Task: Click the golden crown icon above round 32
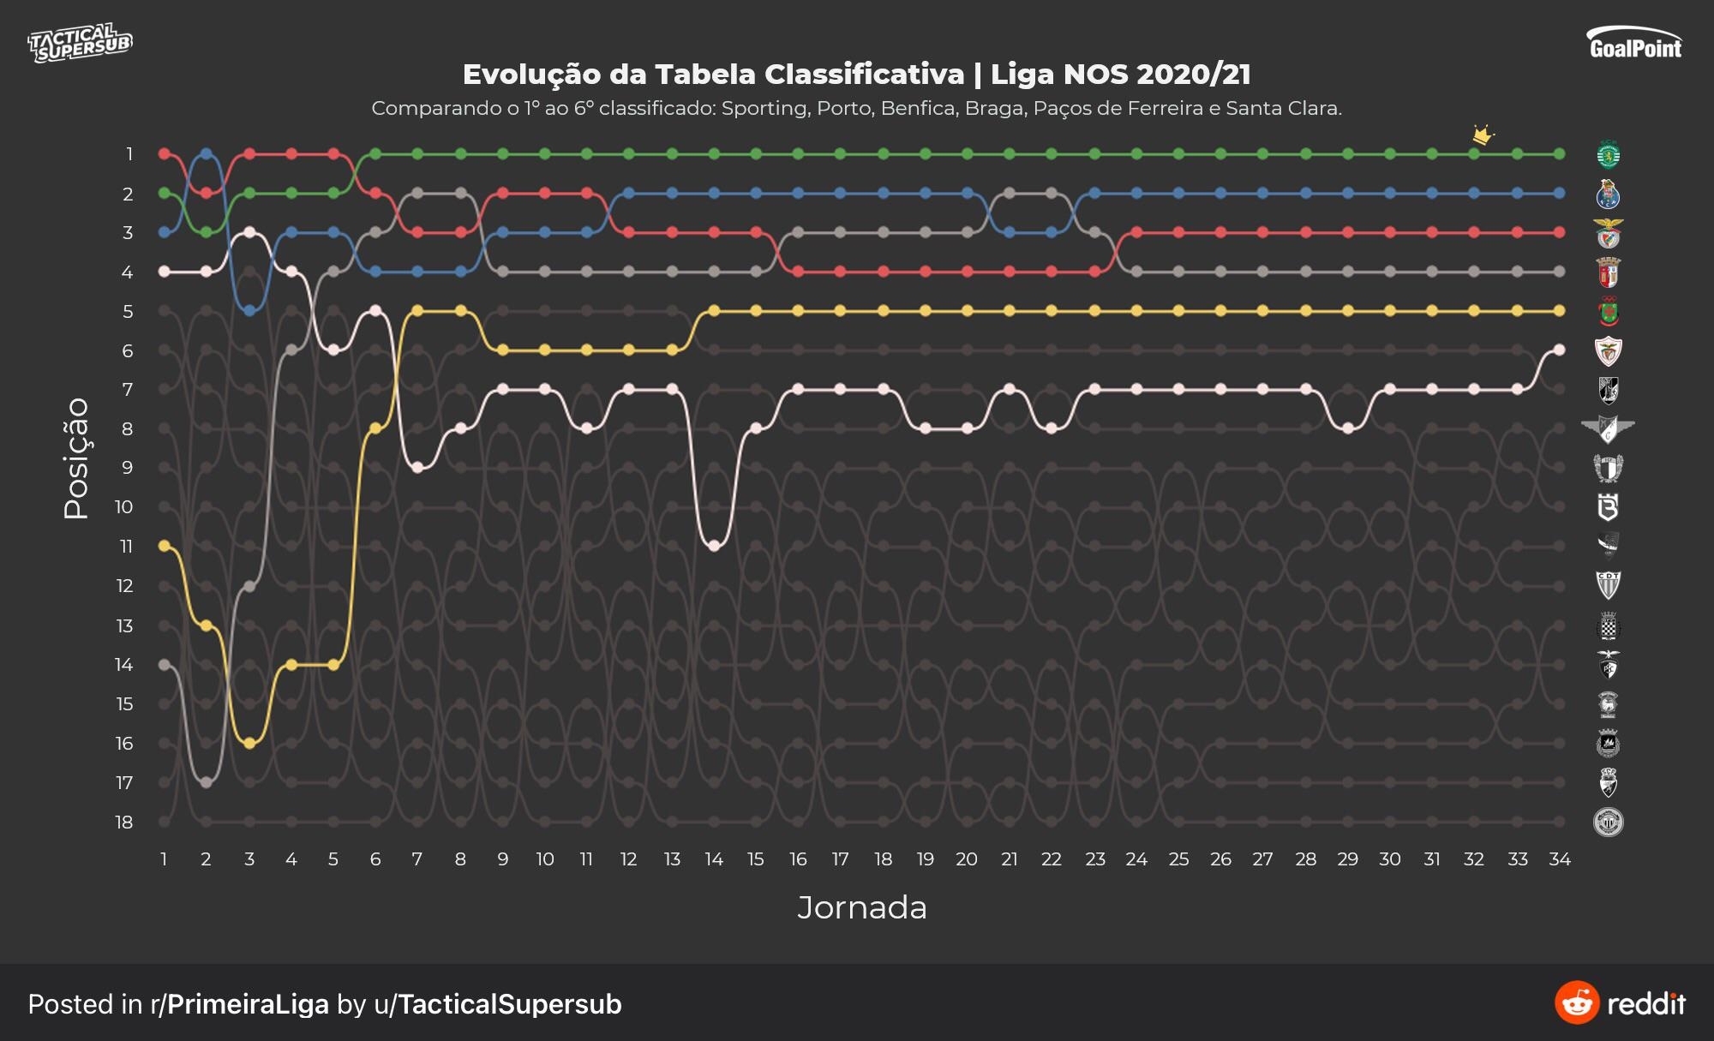[1483, 135]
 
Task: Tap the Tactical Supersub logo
[80, 43]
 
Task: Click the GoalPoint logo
[1634, 43]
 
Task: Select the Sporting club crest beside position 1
[1609, 155]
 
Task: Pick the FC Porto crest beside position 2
[1609, 194]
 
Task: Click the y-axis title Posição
[76, 458]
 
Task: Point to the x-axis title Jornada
[861, 907]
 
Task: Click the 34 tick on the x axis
[1559, 859]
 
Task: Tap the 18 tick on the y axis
[124, 823]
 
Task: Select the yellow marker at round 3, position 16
[249, 743]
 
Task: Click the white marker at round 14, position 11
[714, 546]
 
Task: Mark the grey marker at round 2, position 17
[206, 782]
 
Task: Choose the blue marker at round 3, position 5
[249, 311]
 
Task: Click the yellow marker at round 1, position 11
[164, 545]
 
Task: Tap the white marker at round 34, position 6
[1559, 350]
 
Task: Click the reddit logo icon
[1577, 1003]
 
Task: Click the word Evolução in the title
[532, 75]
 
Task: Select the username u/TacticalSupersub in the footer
[497, 1004]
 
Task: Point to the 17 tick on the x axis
[840, 859]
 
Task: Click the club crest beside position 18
[1609, 823]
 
